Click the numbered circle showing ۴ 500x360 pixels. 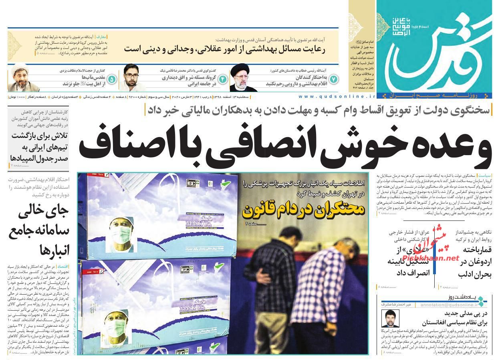222,79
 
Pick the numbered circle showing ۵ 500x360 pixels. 112,79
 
